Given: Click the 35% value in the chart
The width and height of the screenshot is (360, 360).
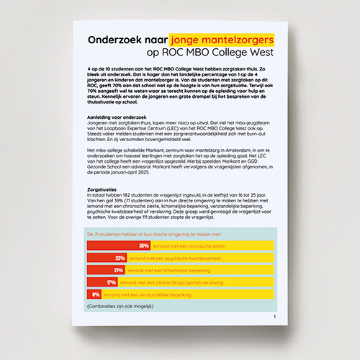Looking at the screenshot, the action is click(x=134, y=246).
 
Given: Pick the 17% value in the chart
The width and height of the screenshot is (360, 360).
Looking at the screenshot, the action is click(x=112, y=282).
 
